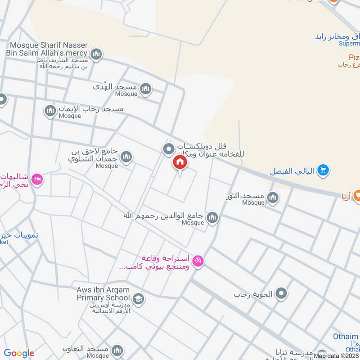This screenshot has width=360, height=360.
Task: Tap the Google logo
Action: pos(19,353)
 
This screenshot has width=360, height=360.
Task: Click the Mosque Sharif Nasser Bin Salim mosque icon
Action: pos(96,55)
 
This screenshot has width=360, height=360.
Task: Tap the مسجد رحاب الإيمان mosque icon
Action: pos(50,110)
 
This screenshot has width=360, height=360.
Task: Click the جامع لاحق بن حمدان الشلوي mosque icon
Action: pos(126,157)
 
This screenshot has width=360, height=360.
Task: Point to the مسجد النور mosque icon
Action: pos(272,198)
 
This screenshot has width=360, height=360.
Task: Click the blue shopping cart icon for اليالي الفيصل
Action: pos(323,171)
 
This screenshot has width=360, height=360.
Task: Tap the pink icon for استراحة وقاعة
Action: pos(198,261)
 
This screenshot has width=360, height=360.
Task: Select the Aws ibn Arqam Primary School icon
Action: pos(138,298)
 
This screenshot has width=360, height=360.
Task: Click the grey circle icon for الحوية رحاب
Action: pos(282,294)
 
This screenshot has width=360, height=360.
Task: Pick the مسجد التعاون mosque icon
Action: pos(117,350)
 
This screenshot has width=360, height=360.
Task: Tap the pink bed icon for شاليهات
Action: pos(37,179)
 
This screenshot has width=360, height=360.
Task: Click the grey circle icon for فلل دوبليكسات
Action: pos(169,148)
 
